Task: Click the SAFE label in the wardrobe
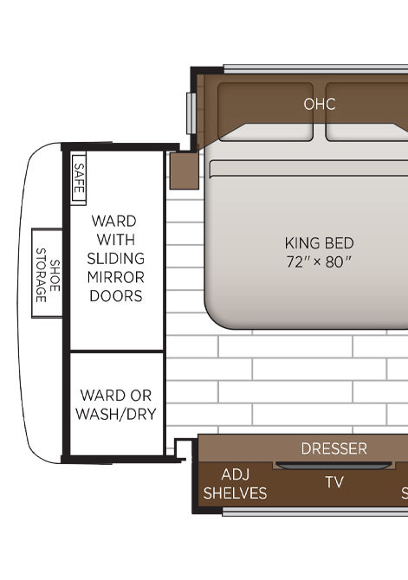(x=79, y=178)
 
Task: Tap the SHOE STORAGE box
(x=47, y=273)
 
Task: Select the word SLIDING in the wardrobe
(x=115, y=258)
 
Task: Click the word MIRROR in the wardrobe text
(x=115, y=277)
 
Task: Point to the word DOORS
(x=116, y=296)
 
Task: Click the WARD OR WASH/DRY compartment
(x=117, y=404)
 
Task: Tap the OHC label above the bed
(x=320, y=104)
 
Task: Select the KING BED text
(x=319, y=243)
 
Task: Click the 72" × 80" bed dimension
(x=318, y=262)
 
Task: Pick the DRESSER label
(x=334, y=448)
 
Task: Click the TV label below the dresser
(x=334, y=482)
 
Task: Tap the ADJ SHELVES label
(x=235, y=484)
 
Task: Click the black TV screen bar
(x=334, y=466)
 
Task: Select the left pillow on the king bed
(x=265, y=112)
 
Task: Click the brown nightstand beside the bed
(x=184, y=171)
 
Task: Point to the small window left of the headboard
(x=191, y=113)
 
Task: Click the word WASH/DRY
(x=116, y=414)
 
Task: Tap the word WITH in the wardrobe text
(x=116, y=240)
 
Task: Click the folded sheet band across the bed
(x=308, y=169)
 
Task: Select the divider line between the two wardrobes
(x=117, y=351)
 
